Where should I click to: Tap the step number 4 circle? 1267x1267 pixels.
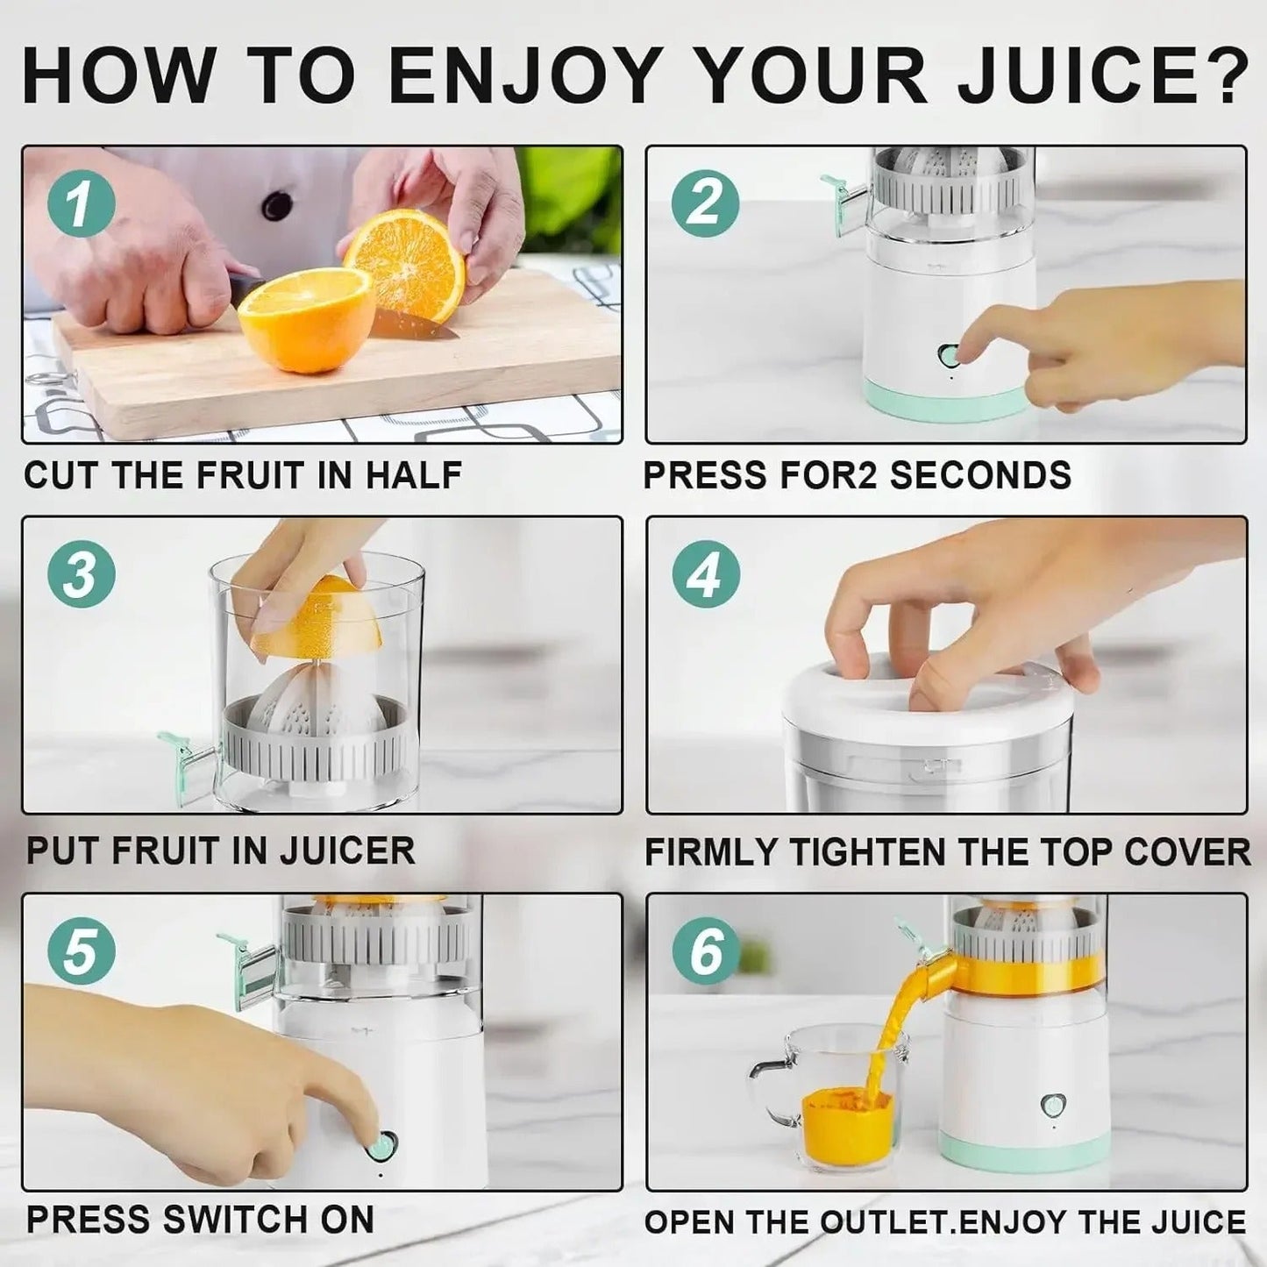[706, 575]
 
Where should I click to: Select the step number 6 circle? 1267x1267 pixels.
[706, 951]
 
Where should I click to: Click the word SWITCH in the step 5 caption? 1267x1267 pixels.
[229, 1220]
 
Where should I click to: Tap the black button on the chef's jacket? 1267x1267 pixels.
[277, 205]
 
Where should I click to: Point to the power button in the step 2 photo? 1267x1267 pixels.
[949, 355]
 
